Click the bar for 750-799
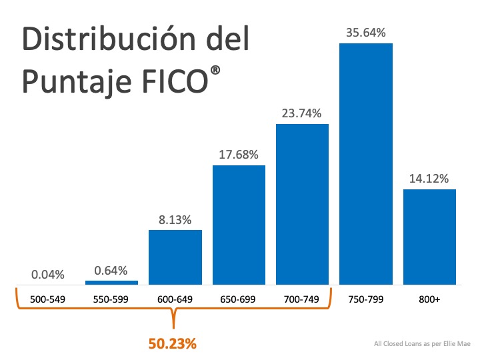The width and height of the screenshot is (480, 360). [x=365, y=164]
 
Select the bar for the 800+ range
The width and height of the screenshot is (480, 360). [x=429, y=237]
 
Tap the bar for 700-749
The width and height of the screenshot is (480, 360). [x=302, y=204]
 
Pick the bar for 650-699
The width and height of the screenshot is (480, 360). [x=239, y=225]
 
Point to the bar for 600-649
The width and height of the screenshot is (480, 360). [x=175, y=257]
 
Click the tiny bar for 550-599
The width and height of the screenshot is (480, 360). [x=111, y=283]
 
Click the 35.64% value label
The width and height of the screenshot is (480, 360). [x=365, y=32]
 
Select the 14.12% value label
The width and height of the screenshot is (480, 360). [x=429, y=178]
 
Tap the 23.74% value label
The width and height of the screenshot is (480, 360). [x=302, y=113]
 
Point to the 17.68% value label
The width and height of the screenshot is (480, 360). [x=239, y=154]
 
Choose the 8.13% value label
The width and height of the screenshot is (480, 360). [x=175, y=219]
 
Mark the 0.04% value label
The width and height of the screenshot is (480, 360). [x=48, y=274]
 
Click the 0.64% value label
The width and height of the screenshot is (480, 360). [x=111, y=270]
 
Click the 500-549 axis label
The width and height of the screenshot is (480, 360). [x=48, y=301]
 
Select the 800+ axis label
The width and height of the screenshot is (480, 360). [x=429, y=301]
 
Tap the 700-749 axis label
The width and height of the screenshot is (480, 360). [x=302, y=301]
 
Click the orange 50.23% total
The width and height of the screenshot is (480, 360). [x=173, y=344]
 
